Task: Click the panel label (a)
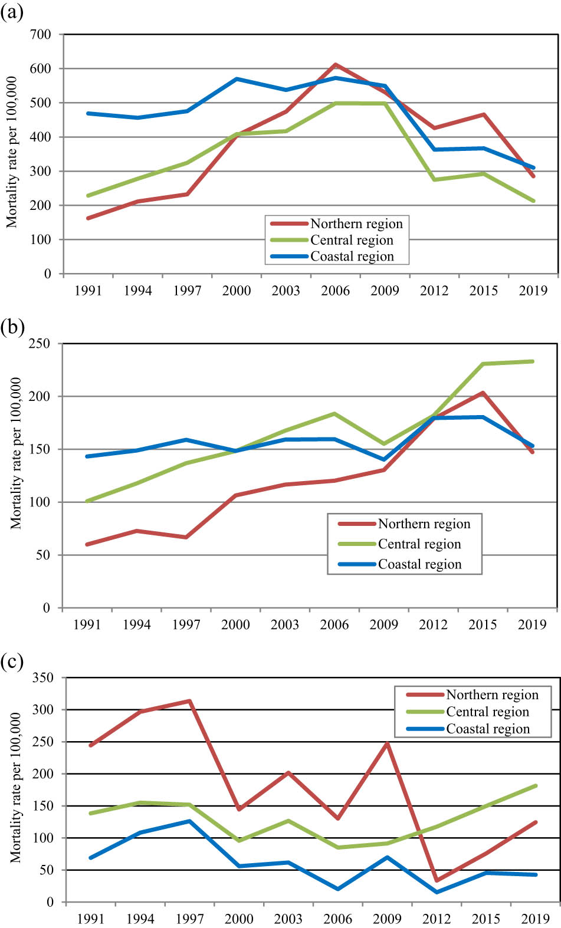[12, 12]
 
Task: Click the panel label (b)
[12, 326]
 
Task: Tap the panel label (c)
[12, 662]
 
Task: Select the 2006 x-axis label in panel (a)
[335, 291]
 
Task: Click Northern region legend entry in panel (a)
[356, 224]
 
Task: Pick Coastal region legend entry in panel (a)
[352, 256]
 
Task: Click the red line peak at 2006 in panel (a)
[335, 65]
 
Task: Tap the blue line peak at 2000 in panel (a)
[237, 79]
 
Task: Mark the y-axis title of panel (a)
[12, 152]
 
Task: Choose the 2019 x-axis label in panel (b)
[532, 625]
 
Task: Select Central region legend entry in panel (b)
[419, 544]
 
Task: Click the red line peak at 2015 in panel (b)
[483, 393]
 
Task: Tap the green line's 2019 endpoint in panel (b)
[533, 361]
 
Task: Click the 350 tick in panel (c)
[42, 678]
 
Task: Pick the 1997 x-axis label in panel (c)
[189, 919]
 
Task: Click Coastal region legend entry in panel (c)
[487, 729]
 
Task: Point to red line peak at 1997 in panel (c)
[189, 701]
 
